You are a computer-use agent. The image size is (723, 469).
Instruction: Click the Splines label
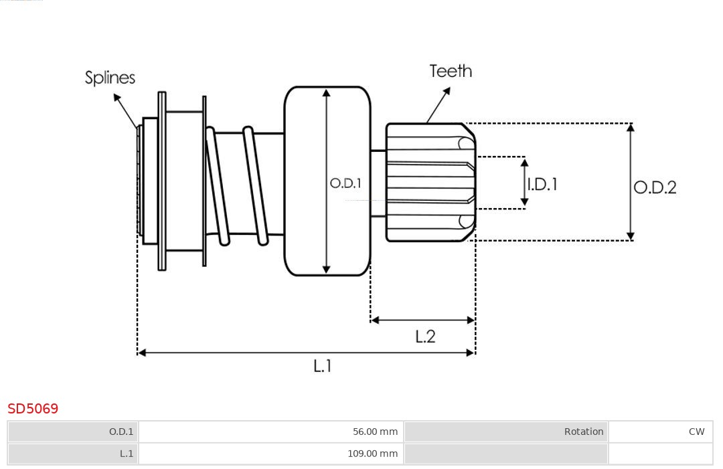(110, 78)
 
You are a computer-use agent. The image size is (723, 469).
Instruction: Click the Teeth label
(451, 71)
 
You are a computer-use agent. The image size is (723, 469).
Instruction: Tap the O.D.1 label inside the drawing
(345, 183)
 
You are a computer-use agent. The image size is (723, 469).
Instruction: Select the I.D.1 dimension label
(542, 184)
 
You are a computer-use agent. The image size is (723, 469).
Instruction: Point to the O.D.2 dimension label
(655, 187)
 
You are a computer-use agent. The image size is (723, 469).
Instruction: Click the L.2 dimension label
(425, 336)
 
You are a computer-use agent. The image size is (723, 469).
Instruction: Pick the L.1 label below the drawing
(323, 365)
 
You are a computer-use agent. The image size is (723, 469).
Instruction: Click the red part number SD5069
(33, 408)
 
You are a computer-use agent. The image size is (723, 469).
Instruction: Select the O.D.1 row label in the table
(121, 432)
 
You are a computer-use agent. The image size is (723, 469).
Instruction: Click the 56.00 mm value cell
(375, 432)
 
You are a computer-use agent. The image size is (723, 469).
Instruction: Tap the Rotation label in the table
(584, 432)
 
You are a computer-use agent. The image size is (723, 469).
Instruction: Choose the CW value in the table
(696, 432)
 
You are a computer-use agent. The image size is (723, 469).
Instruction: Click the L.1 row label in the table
(127, 454)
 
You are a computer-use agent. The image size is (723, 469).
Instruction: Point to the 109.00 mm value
(372, 454)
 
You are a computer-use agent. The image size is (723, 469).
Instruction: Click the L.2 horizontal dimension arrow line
(422, 320)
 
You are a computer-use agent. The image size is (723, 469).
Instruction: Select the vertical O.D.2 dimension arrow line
(630, 181)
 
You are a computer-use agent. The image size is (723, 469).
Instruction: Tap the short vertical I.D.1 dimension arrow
(524, 181)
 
